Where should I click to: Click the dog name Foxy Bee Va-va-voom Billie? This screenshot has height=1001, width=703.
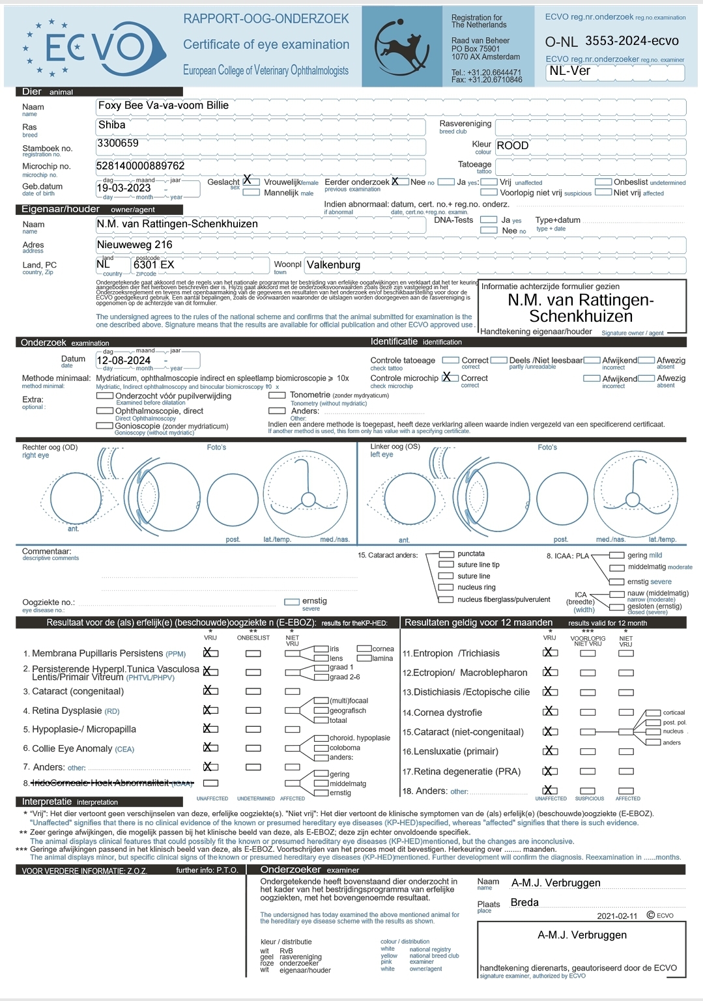(163, 106)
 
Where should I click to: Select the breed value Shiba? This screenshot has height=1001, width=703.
(111, 125)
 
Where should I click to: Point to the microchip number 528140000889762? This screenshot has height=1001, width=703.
(140, 166)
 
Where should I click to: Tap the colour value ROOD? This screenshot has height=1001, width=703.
(513, 146)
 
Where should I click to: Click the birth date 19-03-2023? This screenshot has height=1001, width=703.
(124, 188)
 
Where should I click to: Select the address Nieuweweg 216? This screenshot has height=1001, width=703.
(135, 245)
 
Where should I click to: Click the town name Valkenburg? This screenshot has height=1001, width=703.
(333, 265)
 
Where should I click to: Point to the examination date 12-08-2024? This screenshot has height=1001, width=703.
(124, 361)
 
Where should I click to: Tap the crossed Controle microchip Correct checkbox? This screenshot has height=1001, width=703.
(449, 378)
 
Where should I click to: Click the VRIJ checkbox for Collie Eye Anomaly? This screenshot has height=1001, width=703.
(210, 748)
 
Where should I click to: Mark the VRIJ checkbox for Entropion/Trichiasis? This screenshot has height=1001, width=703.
(550, 653)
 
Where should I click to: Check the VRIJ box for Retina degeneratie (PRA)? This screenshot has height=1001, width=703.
(550, 772)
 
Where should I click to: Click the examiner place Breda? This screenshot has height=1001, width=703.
(524, 903)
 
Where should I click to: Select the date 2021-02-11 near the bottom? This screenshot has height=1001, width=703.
(617, 916)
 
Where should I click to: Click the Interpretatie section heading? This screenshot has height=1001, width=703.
(47, 802)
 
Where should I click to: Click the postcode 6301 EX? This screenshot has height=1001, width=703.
(154, 265)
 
